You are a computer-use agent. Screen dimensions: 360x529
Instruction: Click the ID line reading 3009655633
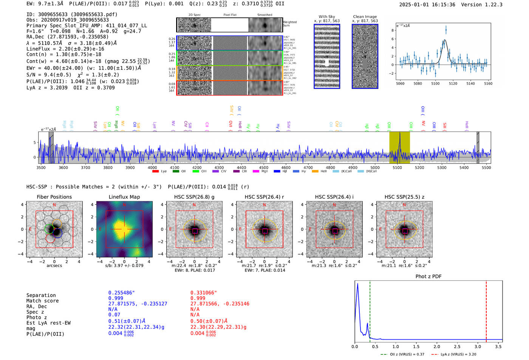(72, 14)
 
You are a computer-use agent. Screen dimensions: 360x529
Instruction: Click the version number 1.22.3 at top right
(490, 5)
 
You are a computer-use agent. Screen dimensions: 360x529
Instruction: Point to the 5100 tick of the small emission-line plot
(435, 83)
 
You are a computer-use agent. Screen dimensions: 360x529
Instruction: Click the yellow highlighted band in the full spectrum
(399, 147)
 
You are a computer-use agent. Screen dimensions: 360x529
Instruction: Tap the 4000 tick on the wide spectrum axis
(152, 168)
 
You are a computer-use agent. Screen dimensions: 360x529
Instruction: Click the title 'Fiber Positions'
(54, 197)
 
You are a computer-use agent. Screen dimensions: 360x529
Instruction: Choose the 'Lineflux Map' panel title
(124, 197)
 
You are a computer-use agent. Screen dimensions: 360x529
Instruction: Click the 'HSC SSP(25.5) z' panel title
(404, 197)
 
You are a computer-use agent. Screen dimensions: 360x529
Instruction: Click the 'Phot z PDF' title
(428, 277)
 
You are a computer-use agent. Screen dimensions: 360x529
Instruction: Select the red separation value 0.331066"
(204, 293)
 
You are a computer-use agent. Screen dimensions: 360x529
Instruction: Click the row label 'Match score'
(42, 301)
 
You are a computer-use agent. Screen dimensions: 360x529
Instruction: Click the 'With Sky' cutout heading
(327, 17)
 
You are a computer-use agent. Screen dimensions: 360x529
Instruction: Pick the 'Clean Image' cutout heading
(365, 17)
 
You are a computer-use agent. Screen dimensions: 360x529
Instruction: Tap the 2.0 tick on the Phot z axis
(437, 346)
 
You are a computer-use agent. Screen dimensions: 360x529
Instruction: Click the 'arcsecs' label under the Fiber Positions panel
(54, 266)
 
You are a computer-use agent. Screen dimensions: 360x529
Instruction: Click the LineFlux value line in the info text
(65, 49)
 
